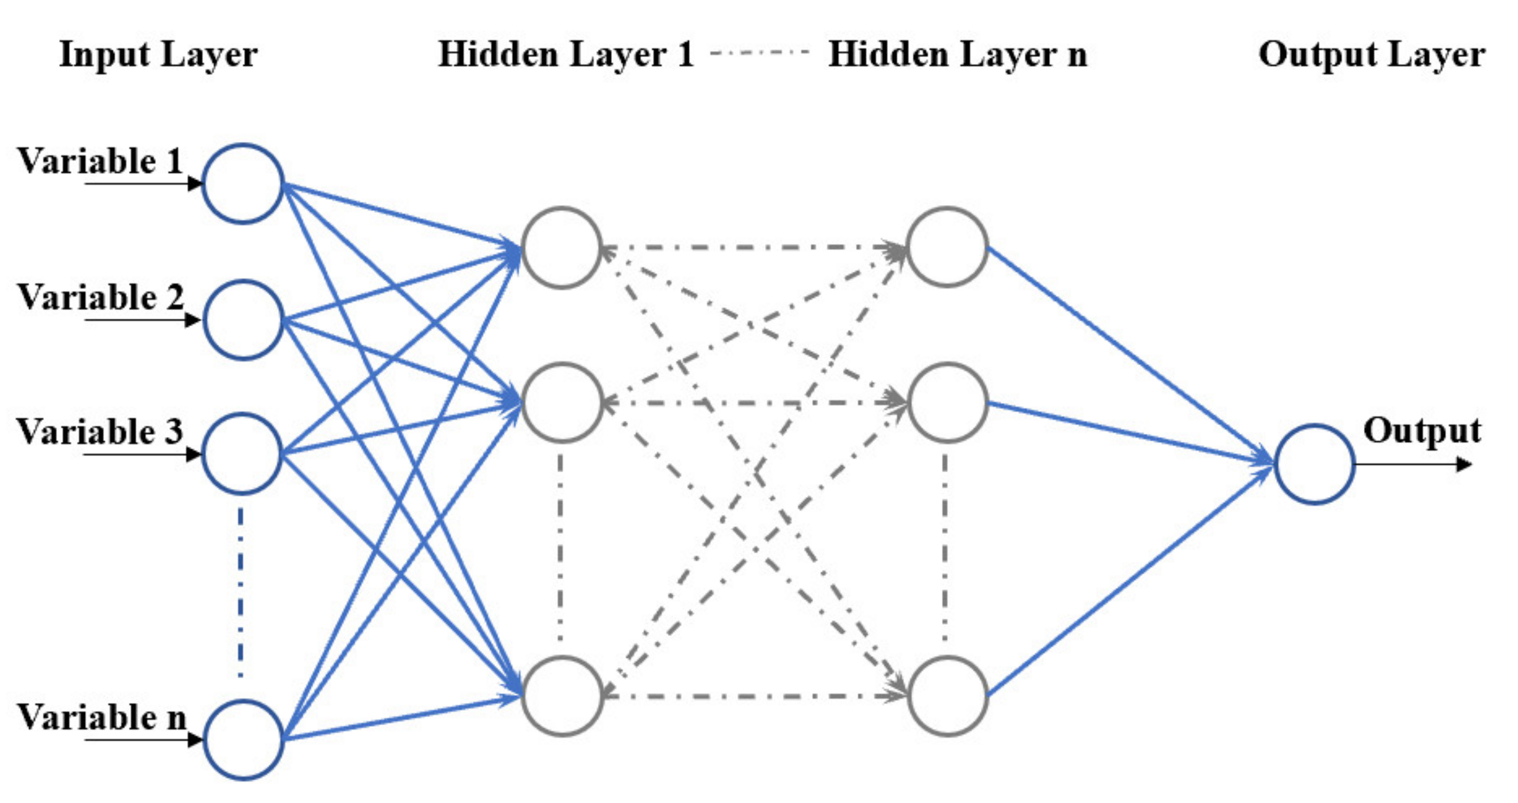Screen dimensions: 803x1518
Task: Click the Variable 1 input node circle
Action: pyautogui.click(x=243, y=184)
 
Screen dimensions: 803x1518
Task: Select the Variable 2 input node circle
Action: pyautogui.click(x=243, y=320)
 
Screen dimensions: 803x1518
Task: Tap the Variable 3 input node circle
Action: pyautogui.click(x=242, y=454)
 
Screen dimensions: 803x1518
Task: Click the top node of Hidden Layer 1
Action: pyautogui.click(x=561, y=247)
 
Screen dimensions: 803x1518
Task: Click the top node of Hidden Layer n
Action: pyautogui.click(x=947, y=247)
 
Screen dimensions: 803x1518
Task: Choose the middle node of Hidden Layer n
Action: pyautogui.click(x=947, y=403)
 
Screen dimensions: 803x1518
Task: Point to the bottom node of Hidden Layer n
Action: pyautogui.click(x=947, y=696)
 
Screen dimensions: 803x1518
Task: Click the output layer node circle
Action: pyautogui.click(x=1314, y=464)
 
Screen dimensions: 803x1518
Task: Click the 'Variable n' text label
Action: pyautogui.click(x=102, y=718)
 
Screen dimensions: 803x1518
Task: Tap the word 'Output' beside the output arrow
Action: pyautogui.click(x=1422, y=431)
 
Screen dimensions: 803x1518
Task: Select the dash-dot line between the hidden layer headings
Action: pyautogui.click(x=760, y=53)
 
